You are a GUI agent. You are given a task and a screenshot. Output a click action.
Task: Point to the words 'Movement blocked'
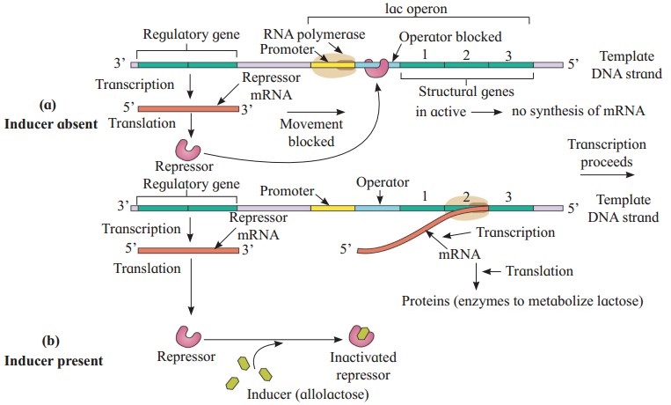click(x=310, y=131)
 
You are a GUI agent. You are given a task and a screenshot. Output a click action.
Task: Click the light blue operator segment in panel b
click(x=377, y=208)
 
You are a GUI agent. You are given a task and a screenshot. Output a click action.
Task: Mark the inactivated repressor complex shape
click(x=363, y=335)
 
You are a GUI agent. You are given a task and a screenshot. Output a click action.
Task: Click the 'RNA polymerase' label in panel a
click(x=298, y=34)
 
